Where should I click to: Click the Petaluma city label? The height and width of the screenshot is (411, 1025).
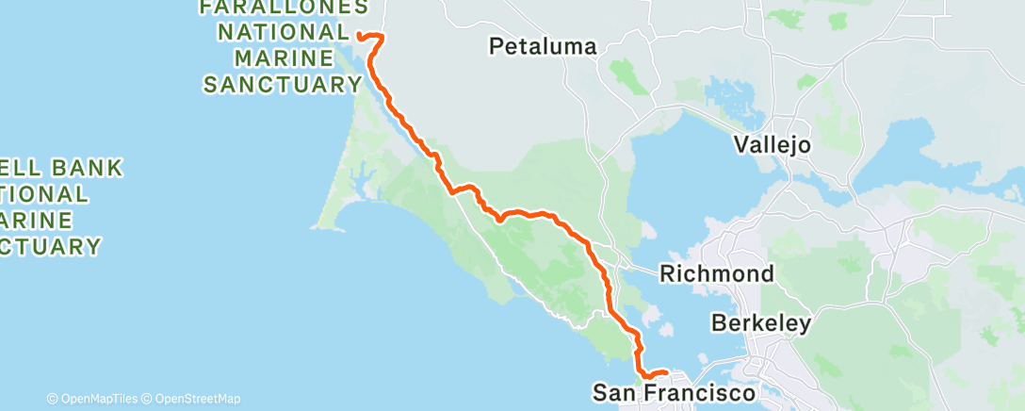pyautogui.click(x=543, y=46)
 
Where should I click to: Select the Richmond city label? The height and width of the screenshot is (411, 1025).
pyautogui.click(x=718, y=274)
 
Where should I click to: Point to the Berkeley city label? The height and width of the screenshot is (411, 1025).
pyautogui.click(x=761, y=323)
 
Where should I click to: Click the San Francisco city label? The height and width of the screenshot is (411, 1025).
pyautogui.click(x=674, y=392)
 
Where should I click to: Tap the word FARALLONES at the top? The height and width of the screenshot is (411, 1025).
pyautogui.click(x=284, y=8)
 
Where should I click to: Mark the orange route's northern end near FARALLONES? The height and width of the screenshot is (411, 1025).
pyautogui.click(x=359, y=36)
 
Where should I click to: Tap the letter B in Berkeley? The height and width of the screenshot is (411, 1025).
pyautogui.click(x=718, y=323)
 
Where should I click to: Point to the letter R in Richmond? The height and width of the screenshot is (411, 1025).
pyautogui.click(x=666, y=274)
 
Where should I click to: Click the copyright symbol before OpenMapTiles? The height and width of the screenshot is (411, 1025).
pyautogui.click(x=53, y=399)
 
